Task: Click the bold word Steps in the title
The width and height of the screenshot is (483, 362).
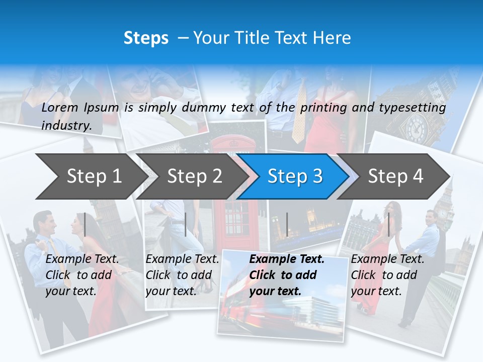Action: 146,38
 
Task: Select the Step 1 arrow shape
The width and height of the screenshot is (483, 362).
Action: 91,176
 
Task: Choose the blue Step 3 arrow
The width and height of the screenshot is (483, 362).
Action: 295,176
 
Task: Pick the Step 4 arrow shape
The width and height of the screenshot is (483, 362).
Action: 395,176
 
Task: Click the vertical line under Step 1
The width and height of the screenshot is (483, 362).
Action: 85,224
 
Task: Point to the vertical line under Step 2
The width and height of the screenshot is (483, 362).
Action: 186,224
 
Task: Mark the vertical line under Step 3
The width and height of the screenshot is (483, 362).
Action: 287,224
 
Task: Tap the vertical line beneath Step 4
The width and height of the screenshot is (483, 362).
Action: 388,224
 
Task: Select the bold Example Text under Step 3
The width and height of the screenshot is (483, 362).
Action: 287,275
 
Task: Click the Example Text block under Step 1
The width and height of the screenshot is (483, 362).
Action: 82,275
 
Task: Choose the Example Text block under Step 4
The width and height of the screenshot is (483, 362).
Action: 387,275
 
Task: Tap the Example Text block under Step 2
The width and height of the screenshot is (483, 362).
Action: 182,275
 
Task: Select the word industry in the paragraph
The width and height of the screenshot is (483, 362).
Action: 66,125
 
